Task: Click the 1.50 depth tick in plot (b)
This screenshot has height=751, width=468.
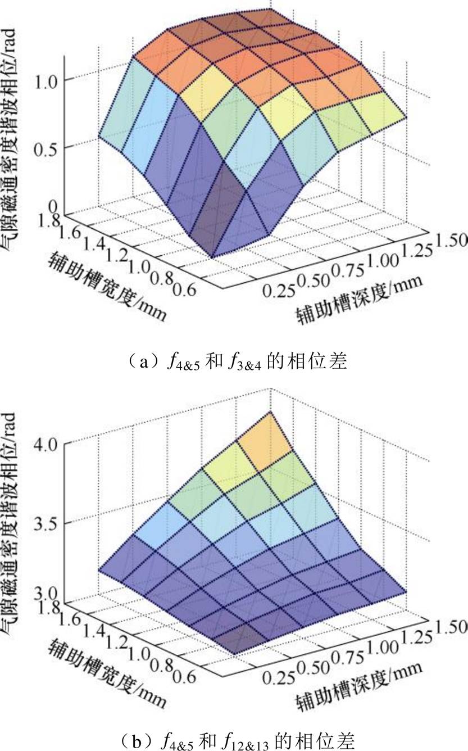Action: pyautogui.click(x=449, y=624)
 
